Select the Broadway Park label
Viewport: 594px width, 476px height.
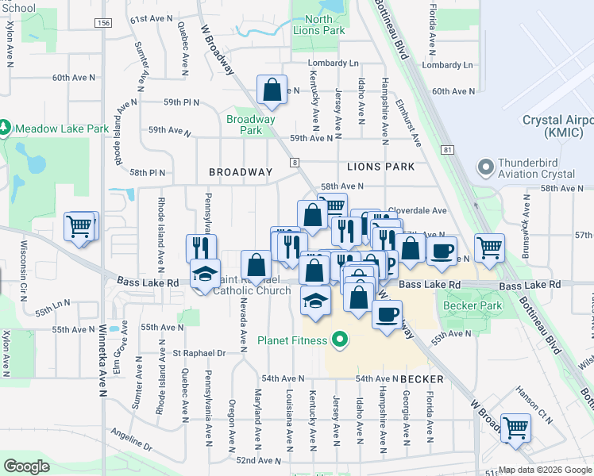(250, 125)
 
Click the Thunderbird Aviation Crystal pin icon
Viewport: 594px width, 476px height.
(485, 167)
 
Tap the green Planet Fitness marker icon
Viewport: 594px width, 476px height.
(341, 341)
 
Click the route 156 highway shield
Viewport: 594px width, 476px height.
(102, 24)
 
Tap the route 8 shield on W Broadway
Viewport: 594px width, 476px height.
(295, 162)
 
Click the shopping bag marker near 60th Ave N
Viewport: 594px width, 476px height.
(272, 89)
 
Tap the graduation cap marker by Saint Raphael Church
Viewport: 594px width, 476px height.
(206, 274)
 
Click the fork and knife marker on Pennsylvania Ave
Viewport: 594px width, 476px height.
(202, 247)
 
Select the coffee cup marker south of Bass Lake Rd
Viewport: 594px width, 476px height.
(387, 314)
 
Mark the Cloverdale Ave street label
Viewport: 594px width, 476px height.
(417, 211)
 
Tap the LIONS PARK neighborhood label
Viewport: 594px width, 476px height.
(380, 167)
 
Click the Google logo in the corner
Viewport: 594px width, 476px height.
(26, 466)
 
